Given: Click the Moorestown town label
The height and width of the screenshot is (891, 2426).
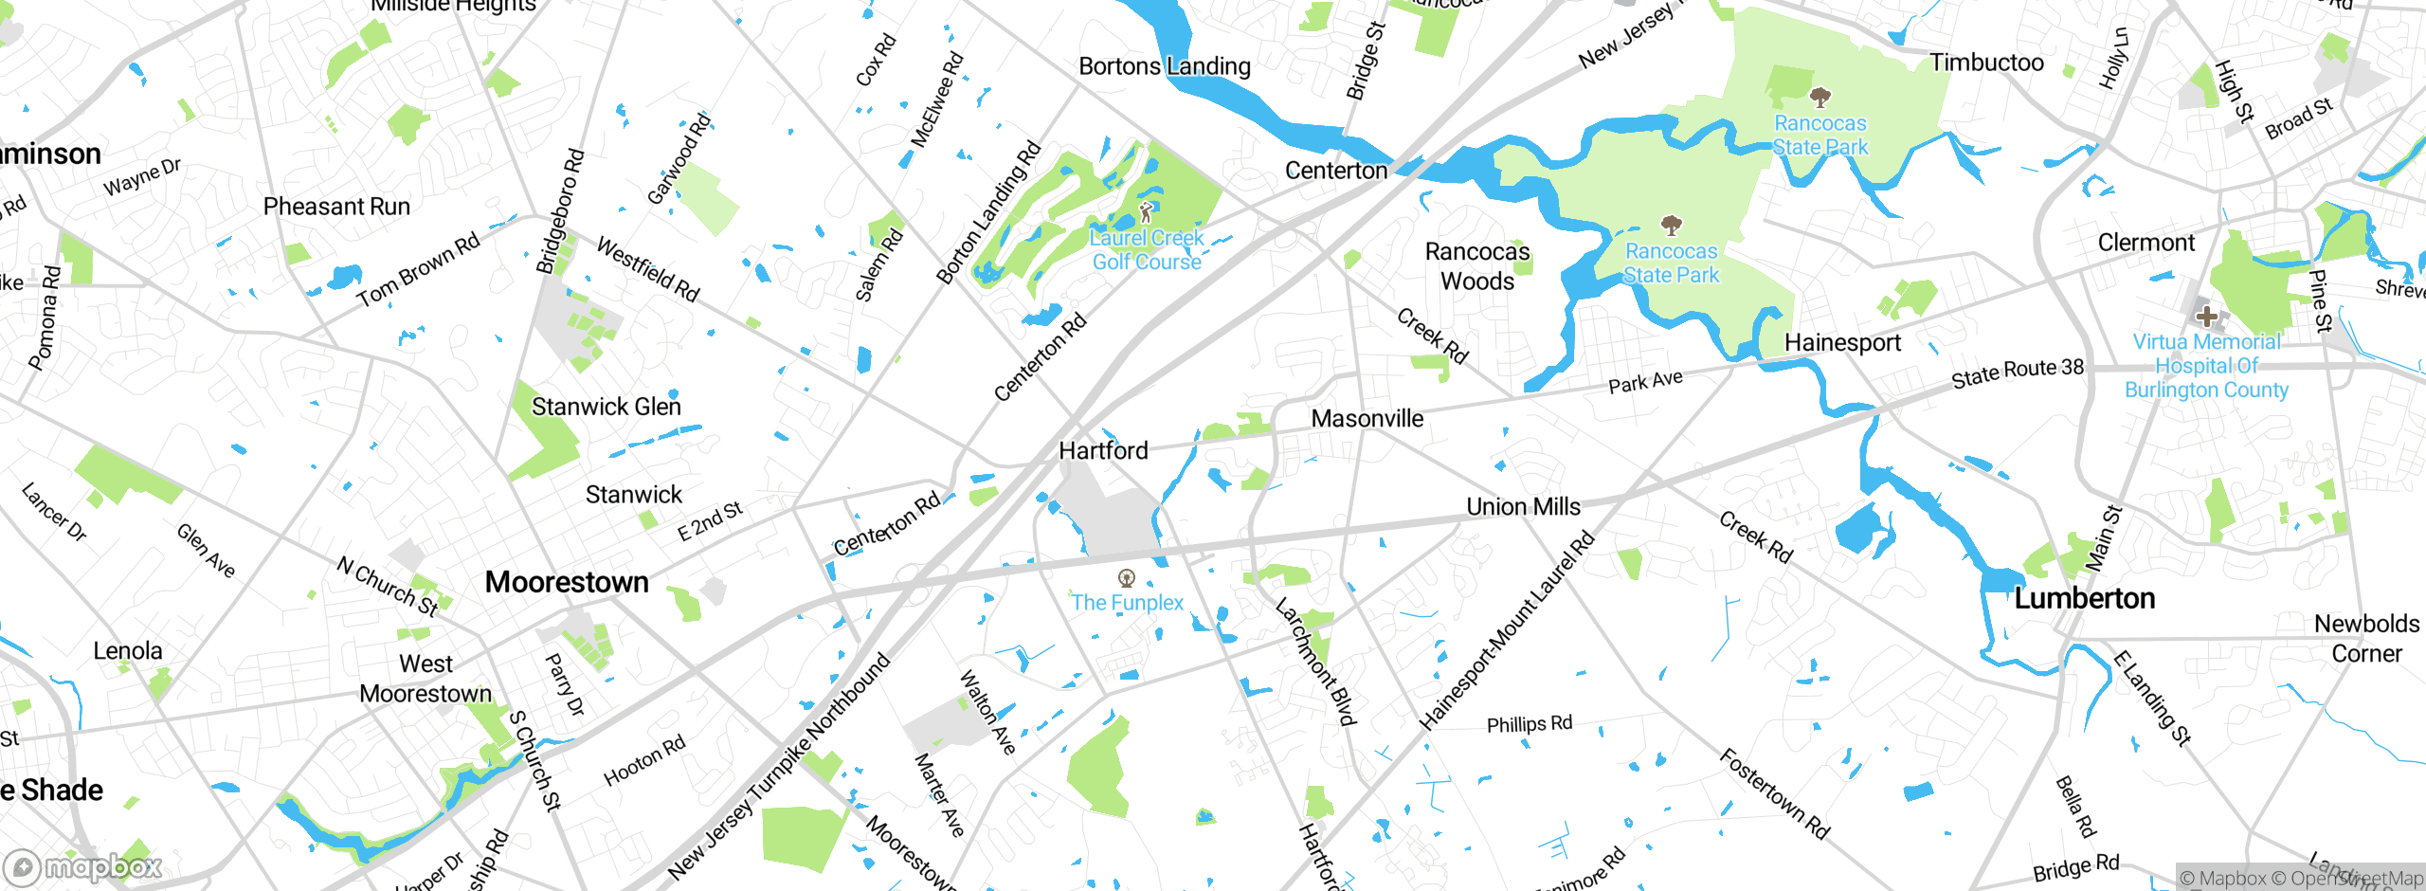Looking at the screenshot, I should (x=567, y=582).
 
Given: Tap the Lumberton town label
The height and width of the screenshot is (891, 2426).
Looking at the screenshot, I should (x=2084, y=598).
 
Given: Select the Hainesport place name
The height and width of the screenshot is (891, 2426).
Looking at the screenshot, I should (x=1842, y=343).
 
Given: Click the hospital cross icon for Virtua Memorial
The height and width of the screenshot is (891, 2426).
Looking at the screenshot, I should (x=2206, y=316).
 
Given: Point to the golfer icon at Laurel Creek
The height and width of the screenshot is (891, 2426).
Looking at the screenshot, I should (x=1147, y=211).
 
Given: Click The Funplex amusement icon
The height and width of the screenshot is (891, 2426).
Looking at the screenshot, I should (x=1127, y=578).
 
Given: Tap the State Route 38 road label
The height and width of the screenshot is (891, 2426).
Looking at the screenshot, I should (x=2018, y=373).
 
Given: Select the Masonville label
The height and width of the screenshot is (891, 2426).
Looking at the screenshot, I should (x=1367, y=419).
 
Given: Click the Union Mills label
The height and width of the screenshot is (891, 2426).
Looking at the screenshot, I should (x=1523, y=507).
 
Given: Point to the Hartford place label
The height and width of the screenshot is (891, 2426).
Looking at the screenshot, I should (x=1103, y=451).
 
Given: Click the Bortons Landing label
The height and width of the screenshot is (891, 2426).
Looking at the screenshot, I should (x=1165, y=66).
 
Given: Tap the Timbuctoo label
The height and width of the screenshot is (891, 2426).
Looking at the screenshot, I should (x=1986, y=63).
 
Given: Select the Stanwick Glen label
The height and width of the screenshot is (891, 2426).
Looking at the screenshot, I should (x=606, y=407).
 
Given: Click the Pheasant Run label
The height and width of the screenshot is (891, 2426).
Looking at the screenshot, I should (x=336, y=207).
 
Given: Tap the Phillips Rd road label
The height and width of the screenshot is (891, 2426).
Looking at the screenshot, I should (x=1529, y=724).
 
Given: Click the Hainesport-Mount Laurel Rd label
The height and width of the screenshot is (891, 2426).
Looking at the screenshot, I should (x=1506, y=631).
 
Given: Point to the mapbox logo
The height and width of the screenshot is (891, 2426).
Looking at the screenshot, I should (x=83, y=866).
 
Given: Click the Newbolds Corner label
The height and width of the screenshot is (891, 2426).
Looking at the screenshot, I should (x=2366, y=638).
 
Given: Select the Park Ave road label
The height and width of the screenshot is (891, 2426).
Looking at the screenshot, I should (x=1645, y=382).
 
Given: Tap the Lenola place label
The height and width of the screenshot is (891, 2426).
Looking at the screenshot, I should (x=128, y=651).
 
